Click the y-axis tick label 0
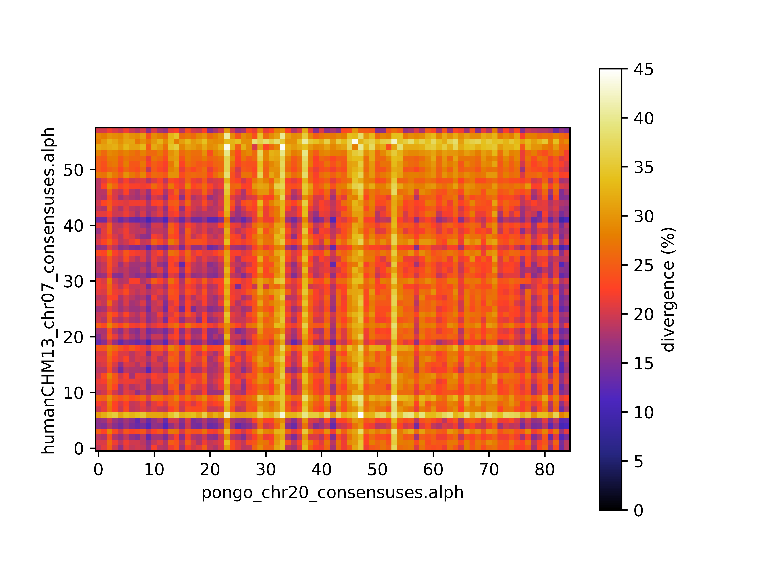pyautogui.click(x=79, y=449)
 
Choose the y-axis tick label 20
pyautogui.click(x=73, y=337)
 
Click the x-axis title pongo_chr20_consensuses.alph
pyautogui.click(x=332, y=493)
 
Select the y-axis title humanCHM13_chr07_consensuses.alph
pyautogui.click(x=48, y=290)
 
